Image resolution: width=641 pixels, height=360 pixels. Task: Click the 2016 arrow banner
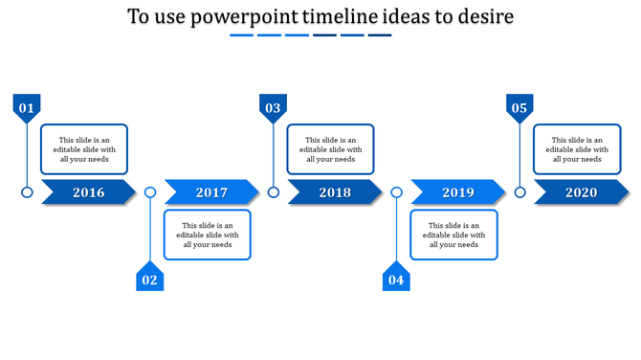[89, 192]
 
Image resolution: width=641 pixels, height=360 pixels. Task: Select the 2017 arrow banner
[211, 192]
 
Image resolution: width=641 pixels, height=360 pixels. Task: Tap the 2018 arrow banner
[335, 192]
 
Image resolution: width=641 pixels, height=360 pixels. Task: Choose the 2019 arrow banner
[457, 192]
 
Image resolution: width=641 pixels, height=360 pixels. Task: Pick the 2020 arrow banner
[581, 192]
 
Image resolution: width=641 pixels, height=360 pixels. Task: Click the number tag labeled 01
[27, 108]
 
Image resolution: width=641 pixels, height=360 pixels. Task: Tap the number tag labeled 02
[149, 279]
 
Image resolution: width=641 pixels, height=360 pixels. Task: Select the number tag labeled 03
[273, 108]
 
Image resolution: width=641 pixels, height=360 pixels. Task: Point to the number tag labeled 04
[396, 279]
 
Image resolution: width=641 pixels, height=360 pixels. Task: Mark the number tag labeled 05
[519, 108]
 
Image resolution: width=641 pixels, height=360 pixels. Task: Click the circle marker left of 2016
[27, 192]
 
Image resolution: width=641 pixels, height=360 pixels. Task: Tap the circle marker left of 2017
[150, 192]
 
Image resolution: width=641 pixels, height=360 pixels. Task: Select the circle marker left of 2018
[274, 192]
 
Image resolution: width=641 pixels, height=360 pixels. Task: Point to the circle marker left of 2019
[396, 192]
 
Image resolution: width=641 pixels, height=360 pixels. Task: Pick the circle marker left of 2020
[519, 192]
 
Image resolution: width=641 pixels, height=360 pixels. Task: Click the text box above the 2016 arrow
[84, 149]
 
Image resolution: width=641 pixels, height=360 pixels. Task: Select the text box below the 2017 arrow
[208, 235]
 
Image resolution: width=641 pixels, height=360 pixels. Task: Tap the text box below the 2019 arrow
[453, 235]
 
